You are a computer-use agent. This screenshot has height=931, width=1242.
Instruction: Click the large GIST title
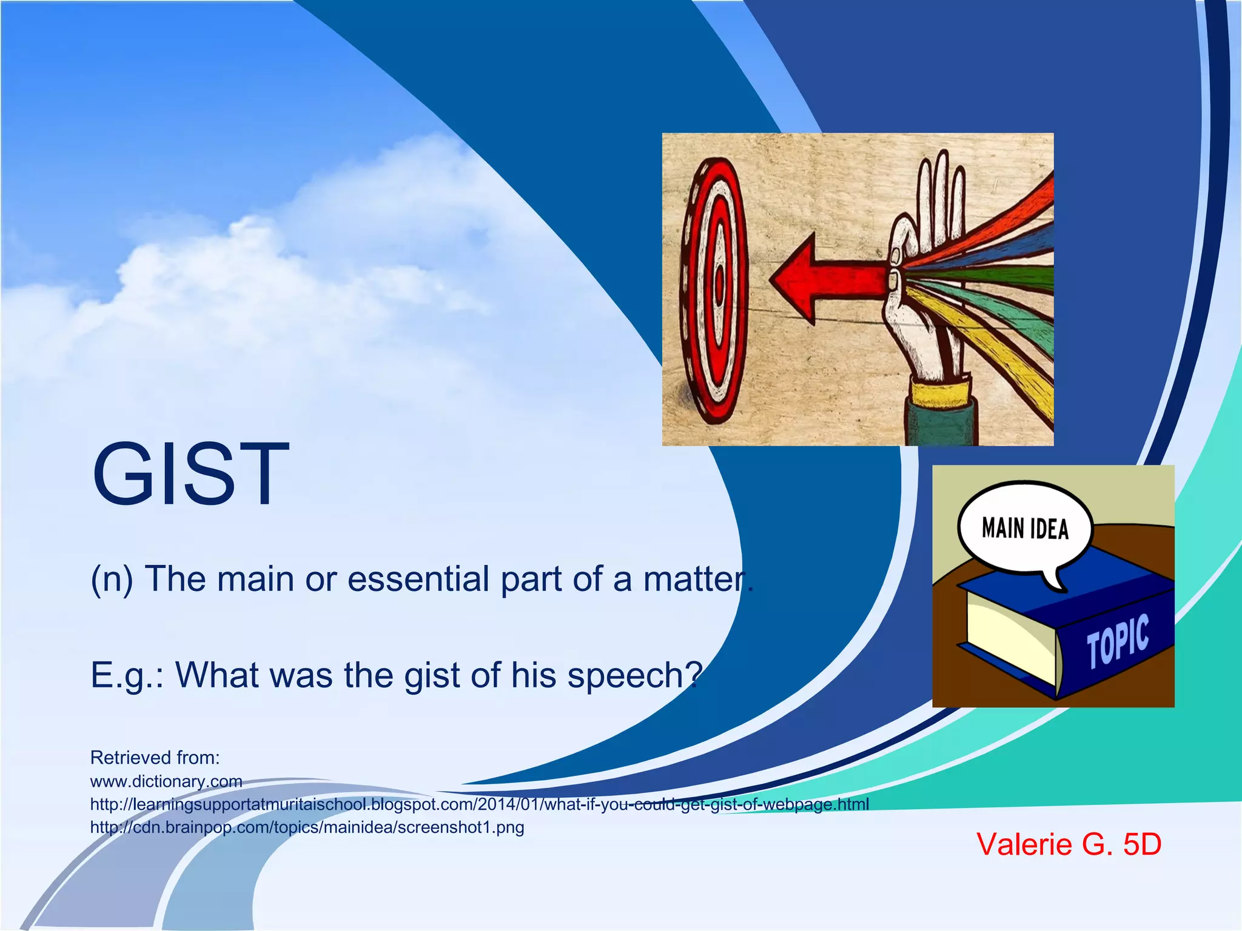click(191, 474)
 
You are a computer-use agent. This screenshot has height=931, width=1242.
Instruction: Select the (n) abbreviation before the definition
click(112, 579)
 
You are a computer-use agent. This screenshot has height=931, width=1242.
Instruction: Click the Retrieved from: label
click(155, 758)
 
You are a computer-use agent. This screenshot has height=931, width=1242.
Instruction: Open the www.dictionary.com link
click(166, 781)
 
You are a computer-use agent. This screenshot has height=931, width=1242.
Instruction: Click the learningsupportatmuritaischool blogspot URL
click(479, 804)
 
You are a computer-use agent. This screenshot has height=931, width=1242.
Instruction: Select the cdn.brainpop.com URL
click(307, 827)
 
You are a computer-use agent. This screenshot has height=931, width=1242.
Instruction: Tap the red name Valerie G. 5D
click(1069, 844)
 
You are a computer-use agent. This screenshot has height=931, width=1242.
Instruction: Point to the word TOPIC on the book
click(1117, 641)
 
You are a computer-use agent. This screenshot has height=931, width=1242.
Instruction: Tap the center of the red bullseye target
click(719, 282)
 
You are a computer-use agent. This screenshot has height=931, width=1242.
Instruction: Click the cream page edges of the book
click(1007, 636)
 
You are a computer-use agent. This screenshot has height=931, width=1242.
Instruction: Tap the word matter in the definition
click(691, 579)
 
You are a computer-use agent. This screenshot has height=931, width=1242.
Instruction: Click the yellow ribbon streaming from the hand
click(995, 339)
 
